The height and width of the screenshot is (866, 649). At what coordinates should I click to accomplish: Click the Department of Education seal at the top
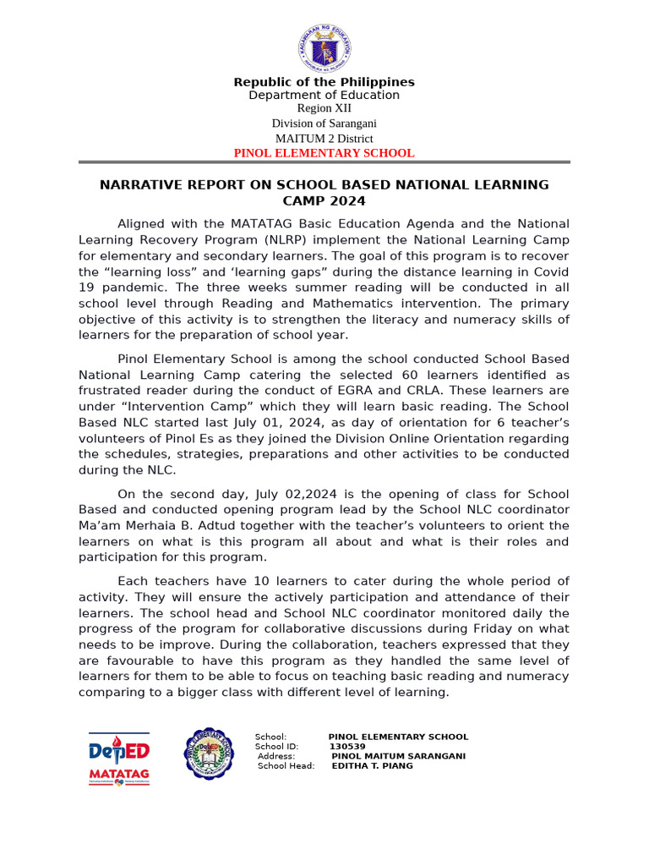coord(324,47)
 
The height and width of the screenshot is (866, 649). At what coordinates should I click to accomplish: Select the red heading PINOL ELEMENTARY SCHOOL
coord(324,153)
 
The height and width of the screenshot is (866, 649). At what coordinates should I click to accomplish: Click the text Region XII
coord(324,108)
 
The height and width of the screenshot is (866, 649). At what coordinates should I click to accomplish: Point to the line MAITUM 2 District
coord(324,139)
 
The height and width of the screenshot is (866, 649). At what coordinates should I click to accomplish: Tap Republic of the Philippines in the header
coord(324,82)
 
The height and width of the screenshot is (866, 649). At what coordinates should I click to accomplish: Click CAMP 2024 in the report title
coord(324,201)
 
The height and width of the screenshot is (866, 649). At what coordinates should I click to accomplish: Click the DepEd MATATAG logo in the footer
coord(119,758)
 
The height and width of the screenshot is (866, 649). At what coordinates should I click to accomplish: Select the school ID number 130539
coord(347,747)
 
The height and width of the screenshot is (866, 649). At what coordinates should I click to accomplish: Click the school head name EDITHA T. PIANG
coord(373,766)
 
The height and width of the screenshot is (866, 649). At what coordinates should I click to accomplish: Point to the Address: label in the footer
coord(276,756)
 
